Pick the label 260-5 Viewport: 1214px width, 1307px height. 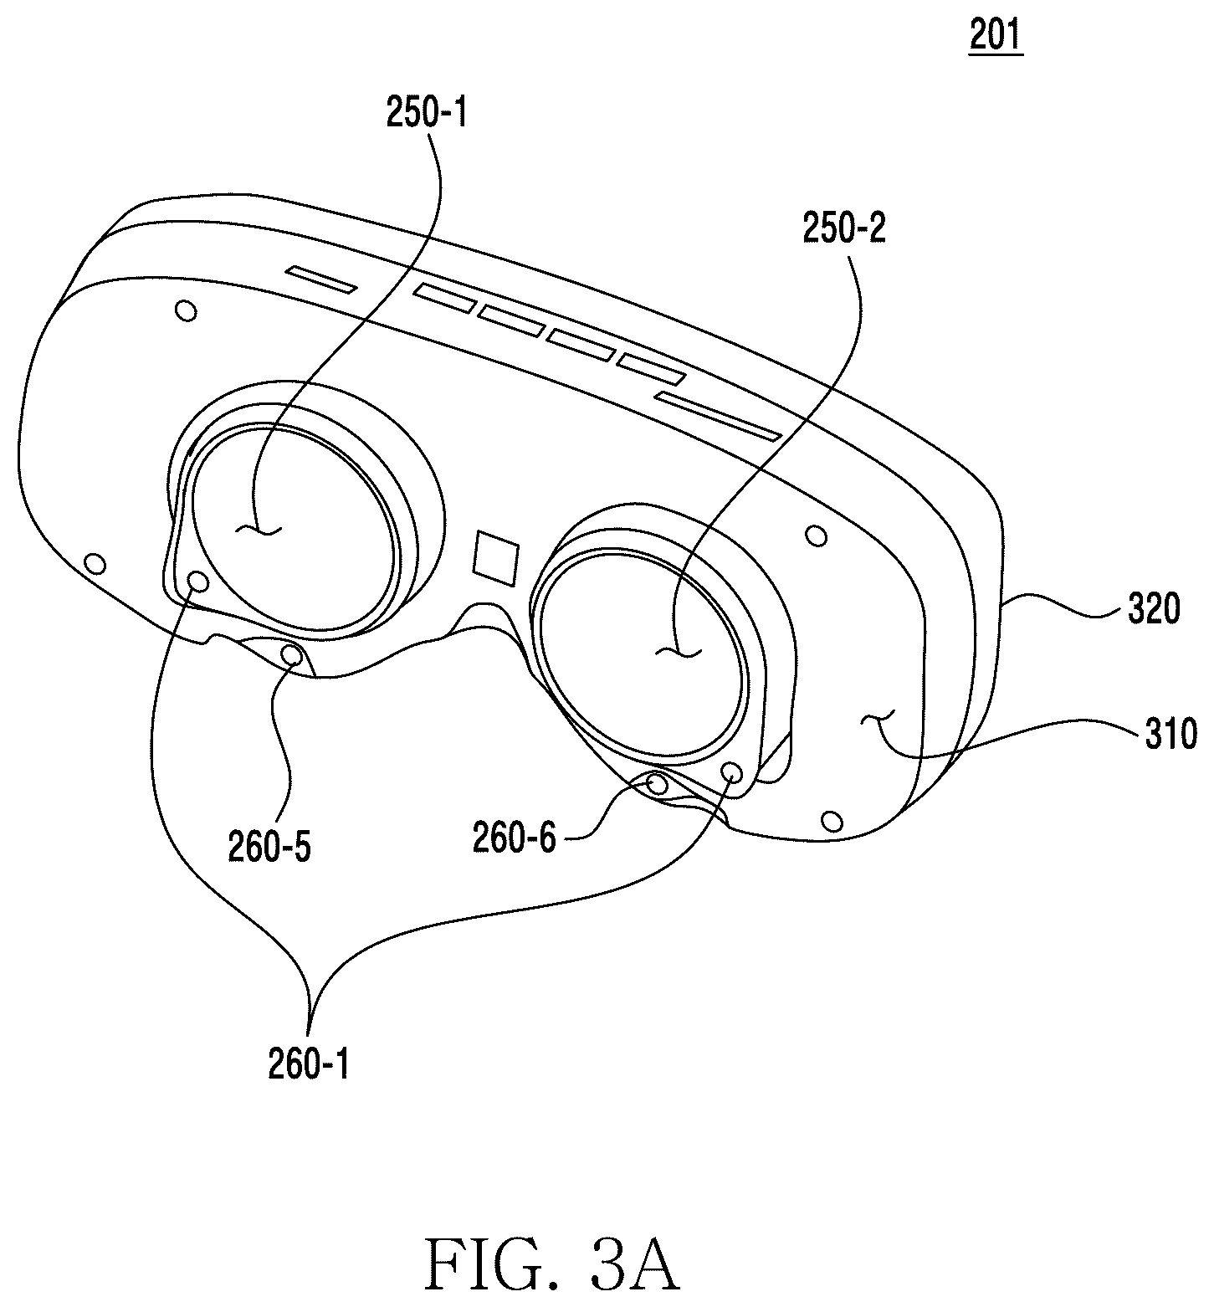pos(269,848)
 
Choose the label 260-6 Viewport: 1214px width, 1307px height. pos(514,838)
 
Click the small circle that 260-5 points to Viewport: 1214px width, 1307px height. pos(292,655)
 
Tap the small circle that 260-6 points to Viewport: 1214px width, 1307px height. pos(658,785)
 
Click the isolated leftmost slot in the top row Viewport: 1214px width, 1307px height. pos(320,279)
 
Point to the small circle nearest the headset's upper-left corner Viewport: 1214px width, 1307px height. pos(187,311)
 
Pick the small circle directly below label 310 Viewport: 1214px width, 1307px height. pos(832,819)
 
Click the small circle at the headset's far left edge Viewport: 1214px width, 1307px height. pos(97,564)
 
